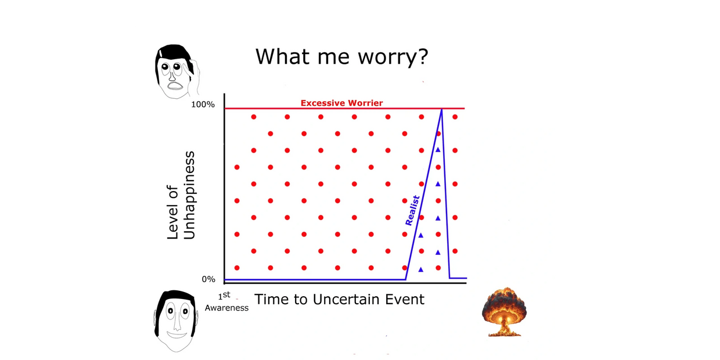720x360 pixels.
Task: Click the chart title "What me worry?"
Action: [341, 57]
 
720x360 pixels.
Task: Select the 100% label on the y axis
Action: [203, 105]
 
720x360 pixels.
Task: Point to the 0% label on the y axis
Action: [208, 279]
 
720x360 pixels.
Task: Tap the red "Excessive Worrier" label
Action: [341, 103]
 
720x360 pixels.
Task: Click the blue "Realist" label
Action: [412, 211]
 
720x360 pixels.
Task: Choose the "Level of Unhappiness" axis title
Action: [181, 196]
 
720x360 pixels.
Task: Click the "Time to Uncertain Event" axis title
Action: [340, 299]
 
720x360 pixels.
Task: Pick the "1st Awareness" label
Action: [226, 301]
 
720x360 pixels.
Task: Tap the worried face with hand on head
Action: [177, 71]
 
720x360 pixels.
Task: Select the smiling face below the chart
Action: [175, 321]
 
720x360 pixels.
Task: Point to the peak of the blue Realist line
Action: [442, 109]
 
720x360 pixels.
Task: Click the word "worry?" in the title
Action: [393, 57]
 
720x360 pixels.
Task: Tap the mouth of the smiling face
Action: [177, 335]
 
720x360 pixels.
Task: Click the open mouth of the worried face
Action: [175, 86]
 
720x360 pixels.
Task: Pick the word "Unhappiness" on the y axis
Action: [189, 196]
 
